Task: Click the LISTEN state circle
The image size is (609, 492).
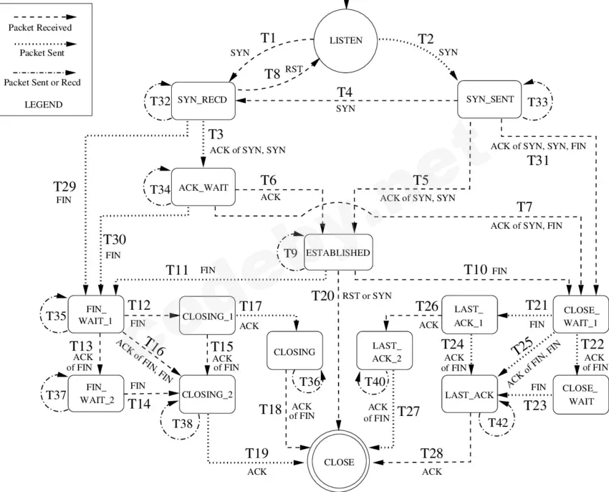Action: tap(345, 40)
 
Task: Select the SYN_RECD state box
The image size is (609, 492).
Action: tap(203, 100)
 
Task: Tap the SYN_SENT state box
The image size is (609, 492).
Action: tap(489, 99)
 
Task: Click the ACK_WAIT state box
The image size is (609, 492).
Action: tap(203, 187)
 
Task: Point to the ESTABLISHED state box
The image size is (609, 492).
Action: tap(338, 252)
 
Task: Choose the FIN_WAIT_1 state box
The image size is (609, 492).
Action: tap(95, 315)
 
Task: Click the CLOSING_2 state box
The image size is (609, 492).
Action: tap(207, 394)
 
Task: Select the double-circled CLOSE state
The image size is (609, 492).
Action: tap(339, 462)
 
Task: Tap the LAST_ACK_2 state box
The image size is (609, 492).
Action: tap(385, 351)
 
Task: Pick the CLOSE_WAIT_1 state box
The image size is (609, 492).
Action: tap(581, 315)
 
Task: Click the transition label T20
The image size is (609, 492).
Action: tap(322, 296)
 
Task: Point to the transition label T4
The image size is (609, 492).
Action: tap(345, 93)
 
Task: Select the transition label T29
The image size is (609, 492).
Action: tap(64, 186)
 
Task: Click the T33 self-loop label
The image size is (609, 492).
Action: tap(537, 102)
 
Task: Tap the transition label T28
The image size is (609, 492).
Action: tap(431, 453)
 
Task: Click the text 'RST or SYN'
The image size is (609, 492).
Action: tap(367, 296)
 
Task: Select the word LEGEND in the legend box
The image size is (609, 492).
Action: tap(44, 105)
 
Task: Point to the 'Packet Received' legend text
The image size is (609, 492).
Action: tap(40, 28)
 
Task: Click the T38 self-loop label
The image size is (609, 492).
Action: tap(182, 424)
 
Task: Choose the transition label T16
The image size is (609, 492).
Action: tap(155, 346)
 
